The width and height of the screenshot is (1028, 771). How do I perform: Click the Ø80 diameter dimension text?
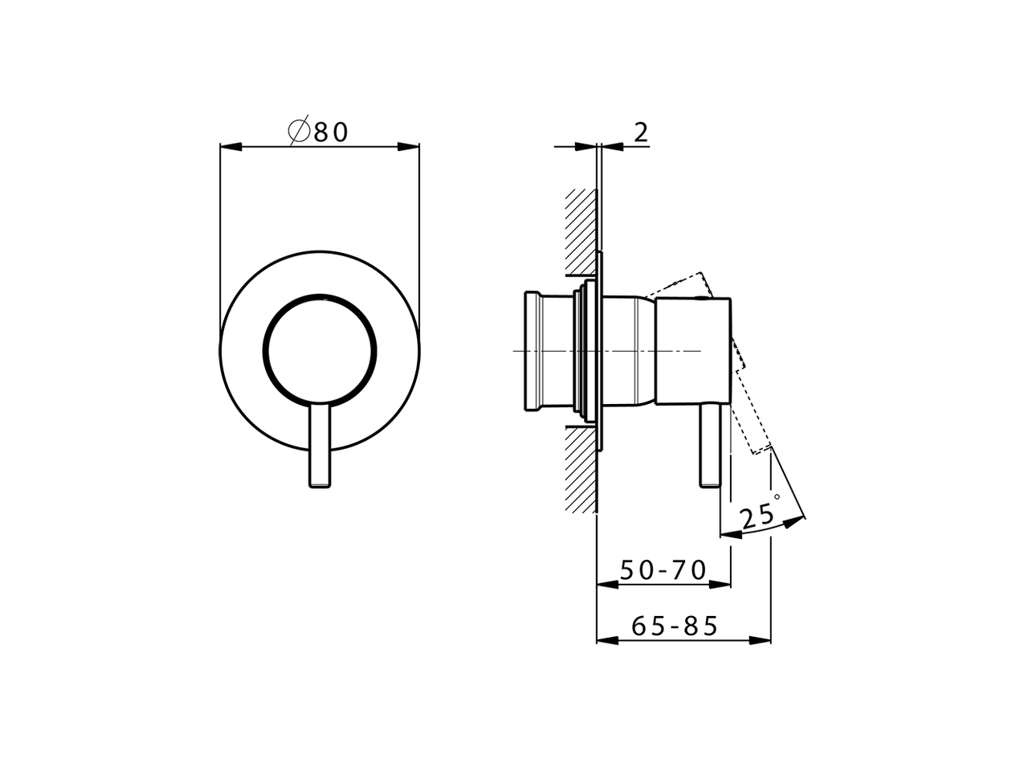320,131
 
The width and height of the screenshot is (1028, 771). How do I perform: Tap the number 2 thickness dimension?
640,132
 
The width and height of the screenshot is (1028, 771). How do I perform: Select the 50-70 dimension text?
663,570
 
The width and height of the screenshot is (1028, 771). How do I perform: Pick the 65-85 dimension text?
674,626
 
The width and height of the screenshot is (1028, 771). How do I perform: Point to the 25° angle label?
760,515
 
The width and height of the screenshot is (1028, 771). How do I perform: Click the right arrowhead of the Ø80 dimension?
409,147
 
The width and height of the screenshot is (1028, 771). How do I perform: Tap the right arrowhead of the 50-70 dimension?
720,584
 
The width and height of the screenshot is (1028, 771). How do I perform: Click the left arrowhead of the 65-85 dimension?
607,640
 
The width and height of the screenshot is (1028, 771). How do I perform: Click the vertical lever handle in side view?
710,446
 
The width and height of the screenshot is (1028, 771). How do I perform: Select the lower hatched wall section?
580,470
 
